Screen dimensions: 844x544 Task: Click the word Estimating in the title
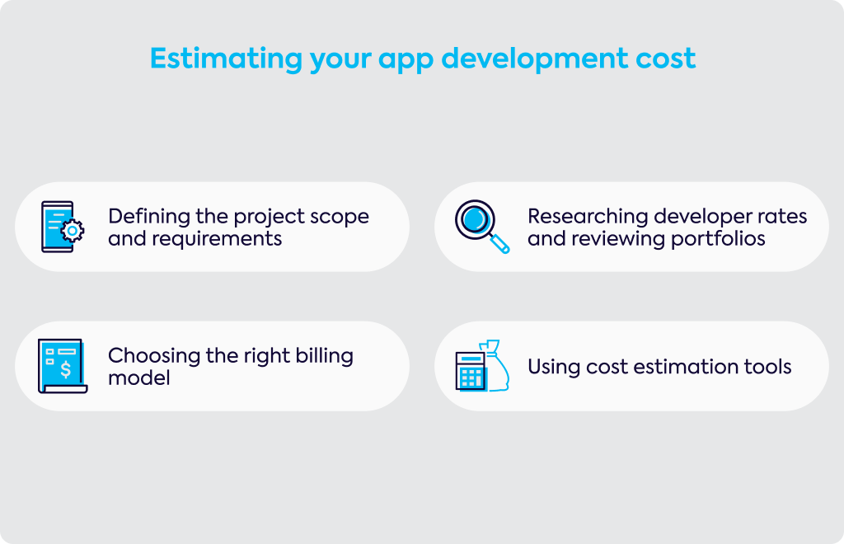coord(226,59)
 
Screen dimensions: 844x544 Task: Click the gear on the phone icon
coord(73,231)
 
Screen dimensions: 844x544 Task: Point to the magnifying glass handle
coord(499,244)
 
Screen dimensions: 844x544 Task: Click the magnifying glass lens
coord(476,219)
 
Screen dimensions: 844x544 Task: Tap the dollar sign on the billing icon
coord(66,369)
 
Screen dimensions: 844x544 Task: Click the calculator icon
coord(471,371)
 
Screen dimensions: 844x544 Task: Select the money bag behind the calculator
coord(496,365)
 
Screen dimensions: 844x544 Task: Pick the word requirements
coord(217,239)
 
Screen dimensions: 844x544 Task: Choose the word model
coord(138,378)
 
